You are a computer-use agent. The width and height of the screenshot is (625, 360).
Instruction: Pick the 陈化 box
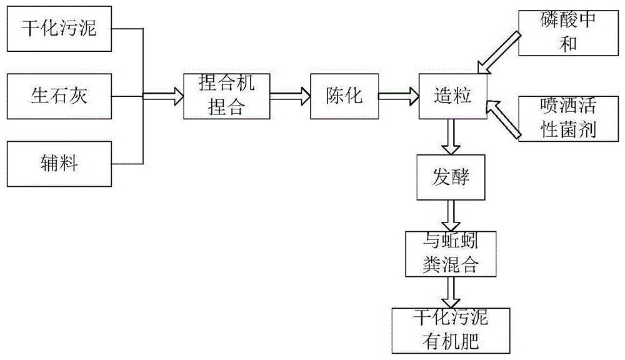click(344, 96)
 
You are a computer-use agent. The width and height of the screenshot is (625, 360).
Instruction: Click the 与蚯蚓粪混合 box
click(450, 254)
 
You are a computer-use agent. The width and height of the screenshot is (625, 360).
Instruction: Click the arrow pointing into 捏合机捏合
click(164, 96)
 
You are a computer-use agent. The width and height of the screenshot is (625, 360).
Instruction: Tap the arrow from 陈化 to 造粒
click(398, 96)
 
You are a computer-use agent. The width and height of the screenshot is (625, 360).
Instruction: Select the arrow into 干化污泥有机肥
click(450, 291)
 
